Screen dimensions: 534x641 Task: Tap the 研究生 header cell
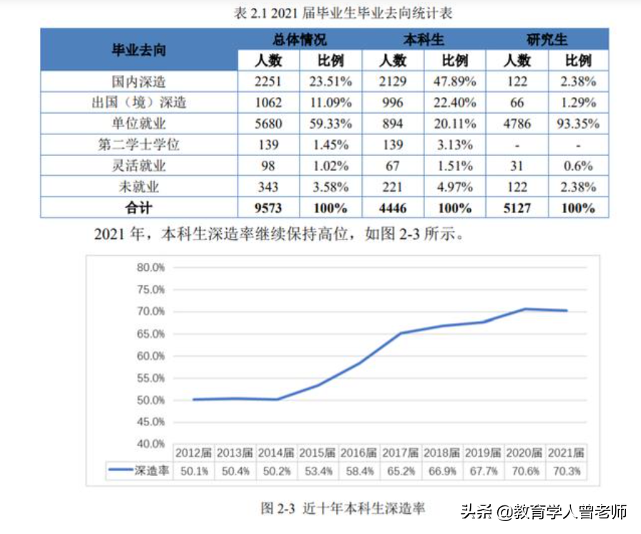(547, 40)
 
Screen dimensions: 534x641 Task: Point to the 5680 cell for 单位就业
(268, 124)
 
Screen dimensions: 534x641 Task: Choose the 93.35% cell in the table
(578, 124)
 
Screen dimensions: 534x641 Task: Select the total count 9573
(268, 208)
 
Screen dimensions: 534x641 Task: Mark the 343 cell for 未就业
(268, 187)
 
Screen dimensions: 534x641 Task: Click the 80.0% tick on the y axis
(150, 267)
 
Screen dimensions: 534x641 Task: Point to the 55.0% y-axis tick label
(150, 377)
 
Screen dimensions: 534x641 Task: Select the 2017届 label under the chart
(401, 453)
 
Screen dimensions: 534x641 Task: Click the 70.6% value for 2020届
(525, 471)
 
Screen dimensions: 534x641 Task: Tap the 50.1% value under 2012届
(195, 471)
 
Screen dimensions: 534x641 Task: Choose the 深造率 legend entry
(139, 471)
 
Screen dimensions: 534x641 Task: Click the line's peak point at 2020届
(525, 309)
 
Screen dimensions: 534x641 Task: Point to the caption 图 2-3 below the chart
(343, 508)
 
